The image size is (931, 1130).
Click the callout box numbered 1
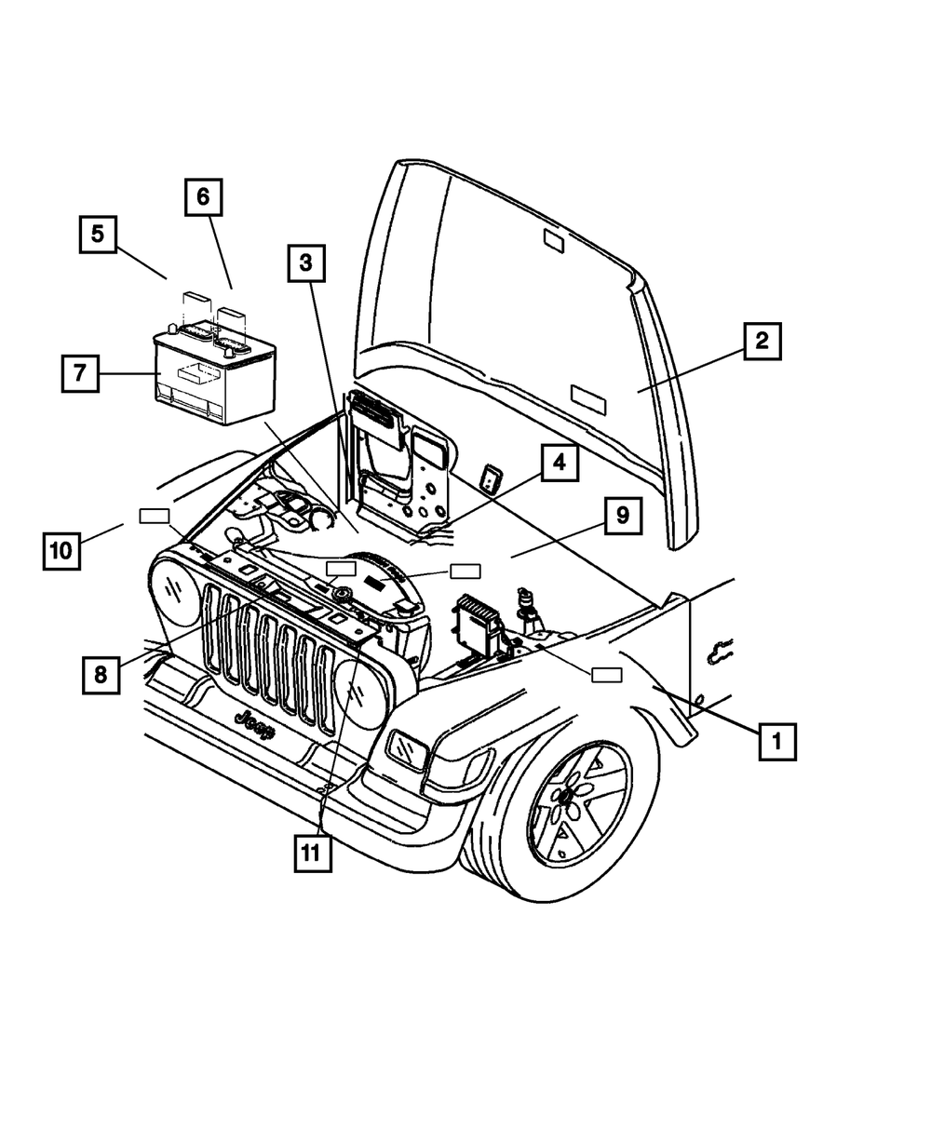(776, 742)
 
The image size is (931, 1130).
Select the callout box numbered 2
(761, 341)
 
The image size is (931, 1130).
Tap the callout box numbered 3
(305, 263)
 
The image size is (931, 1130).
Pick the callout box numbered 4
(559, 462)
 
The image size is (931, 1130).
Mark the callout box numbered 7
(80, 373)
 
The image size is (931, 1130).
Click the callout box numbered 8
(100, 675)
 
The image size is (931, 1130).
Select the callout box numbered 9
(622, 514)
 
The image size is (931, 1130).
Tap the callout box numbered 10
(61, 550)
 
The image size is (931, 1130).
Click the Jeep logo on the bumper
(254, 723)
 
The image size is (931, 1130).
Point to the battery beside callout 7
(213, 372)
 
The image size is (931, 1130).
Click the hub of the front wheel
(564, 797)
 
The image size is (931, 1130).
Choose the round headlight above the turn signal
(358, 693)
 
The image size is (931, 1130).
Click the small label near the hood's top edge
(553, 243)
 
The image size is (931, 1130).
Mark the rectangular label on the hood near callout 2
(587, 399)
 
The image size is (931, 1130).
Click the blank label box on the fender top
(607, 675)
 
